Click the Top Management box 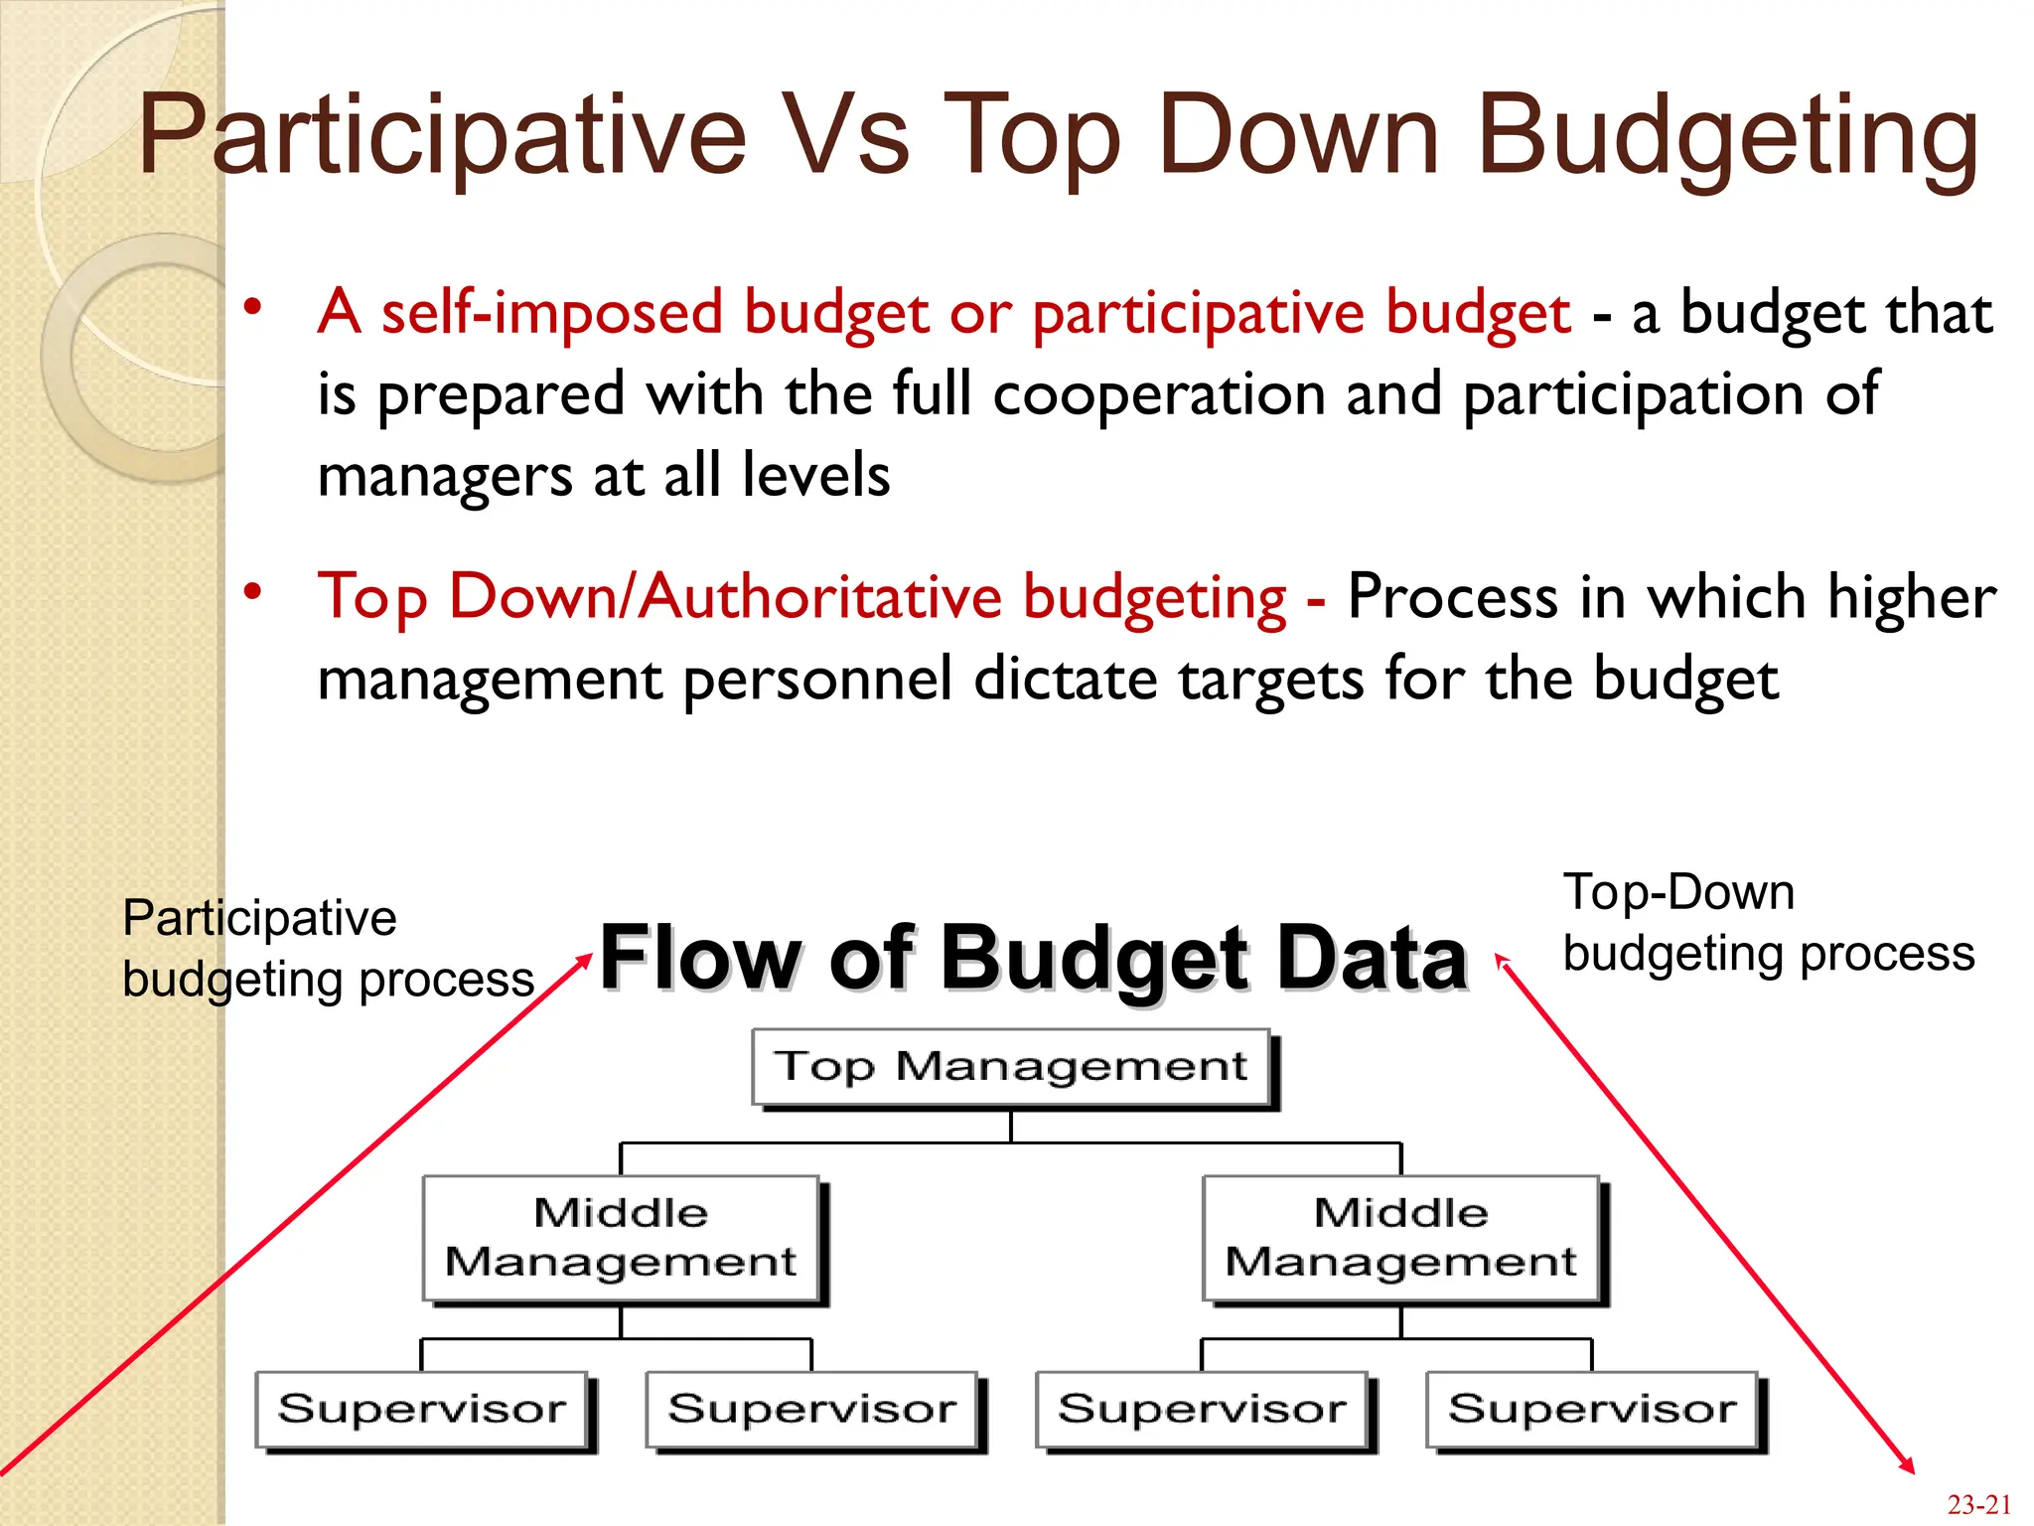click(x=1011, y=1067)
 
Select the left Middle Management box click(x=621, y=1238)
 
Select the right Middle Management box click(x=1400, y=1238)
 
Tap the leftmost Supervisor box click(x=422, y=1409)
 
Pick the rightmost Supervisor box click(x=1592, y=1409)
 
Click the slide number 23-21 click(x=1978, y=1505)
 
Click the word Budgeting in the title click(x=1728, y=135)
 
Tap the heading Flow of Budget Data click(x=1033, y=958)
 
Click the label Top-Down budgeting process click(x=1768, y=923)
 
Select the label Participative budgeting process click(x=328, y=948)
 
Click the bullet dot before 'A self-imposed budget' click(x=253, y=307)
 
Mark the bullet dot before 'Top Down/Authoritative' click(x=253, y=592)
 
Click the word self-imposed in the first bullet click(x=551, y=313)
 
